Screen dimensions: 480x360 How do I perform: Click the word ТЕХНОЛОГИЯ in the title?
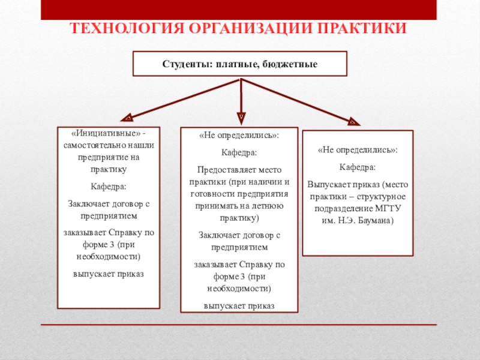[x=127, y=28]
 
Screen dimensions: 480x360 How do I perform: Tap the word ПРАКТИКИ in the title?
[x=361, y=28]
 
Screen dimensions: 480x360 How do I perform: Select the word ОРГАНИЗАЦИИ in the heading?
[x=250, y=28]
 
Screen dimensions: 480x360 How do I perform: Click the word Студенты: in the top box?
[x=187, y=64]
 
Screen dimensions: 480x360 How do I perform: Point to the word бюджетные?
[x=290, y=64]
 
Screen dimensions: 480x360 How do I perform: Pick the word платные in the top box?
[x=237, y=64]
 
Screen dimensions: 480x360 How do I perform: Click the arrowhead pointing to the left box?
[x=127, y=118]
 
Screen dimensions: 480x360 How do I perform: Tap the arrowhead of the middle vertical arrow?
[x=241, y=118]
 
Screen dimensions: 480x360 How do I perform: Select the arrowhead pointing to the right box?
[x=354, y=122]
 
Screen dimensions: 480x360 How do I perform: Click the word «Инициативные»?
[x=106, y=133]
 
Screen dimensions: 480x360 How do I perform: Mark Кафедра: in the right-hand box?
[x=358, y=167]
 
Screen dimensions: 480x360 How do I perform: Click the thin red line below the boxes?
[x=239, y=325]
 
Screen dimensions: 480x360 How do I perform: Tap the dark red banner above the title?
[x=239, y=10]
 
